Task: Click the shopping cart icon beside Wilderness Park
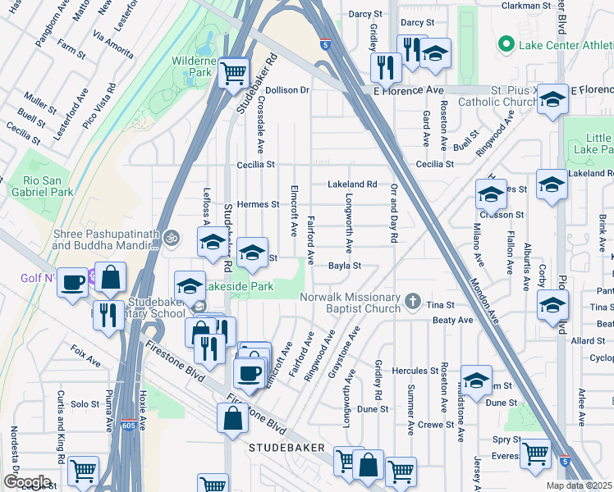(x=234, y=72)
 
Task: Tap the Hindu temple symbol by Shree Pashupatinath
(x=171, y=238)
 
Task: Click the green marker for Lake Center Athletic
(x=506, y=43)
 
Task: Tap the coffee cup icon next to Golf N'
(x=74, y=280)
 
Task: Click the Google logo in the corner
(x=26, y=482)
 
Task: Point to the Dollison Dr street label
(x=286, y=89)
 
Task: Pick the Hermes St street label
(x=258, y=204)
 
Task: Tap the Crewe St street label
(x=435, y=424)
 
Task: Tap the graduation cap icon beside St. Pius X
(x=553, y=100)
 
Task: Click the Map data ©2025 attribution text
(x=579, y=485)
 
